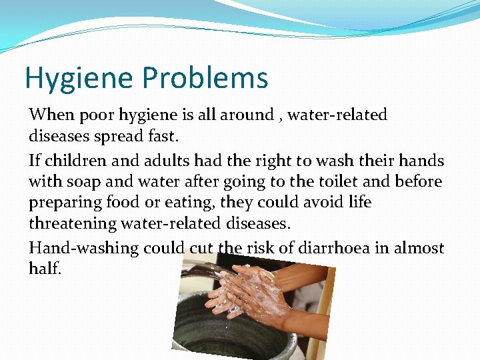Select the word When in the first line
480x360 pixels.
pos(51,115)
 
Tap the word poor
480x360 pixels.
pos(97,115)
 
